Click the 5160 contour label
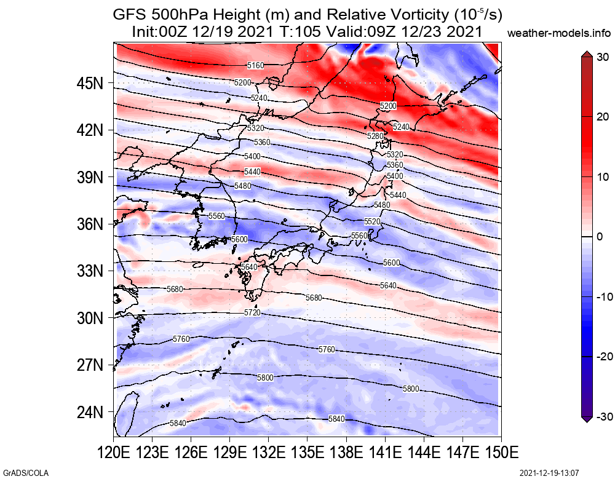(x=255, y=65)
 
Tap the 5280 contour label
(x=375, y=135)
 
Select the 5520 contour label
(x=372, y=221)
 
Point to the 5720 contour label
(x=252, y=313)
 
